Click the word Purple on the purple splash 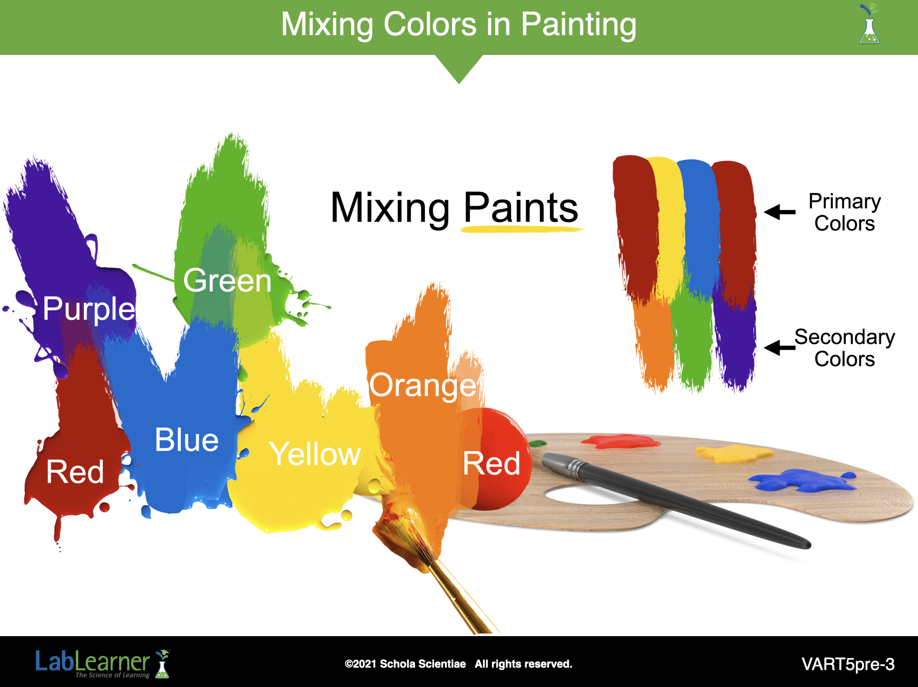pyautogui.click(x=89, y=309)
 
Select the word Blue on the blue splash pyautogui.click(x=186, y=440)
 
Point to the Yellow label pyautogui.click(x=315, y=454)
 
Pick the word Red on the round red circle pyautogui.click(x=491, y=463)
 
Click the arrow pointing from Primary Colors pyautogui.click(x=780, y=212)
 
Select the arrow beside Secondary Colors pyautogui.click(x=780, y=347)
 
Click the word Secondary pyautogui.click(x=845, y=337)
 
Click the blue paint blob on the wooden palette pyautogui.click(x=802, y=480)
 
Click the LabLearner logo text pyautogui.click(x=92, y=661)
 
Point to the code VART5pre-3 pyautogui.click(x=848, y=664)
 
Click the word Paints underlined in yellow pyautogui.click(x=521, y=208)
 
